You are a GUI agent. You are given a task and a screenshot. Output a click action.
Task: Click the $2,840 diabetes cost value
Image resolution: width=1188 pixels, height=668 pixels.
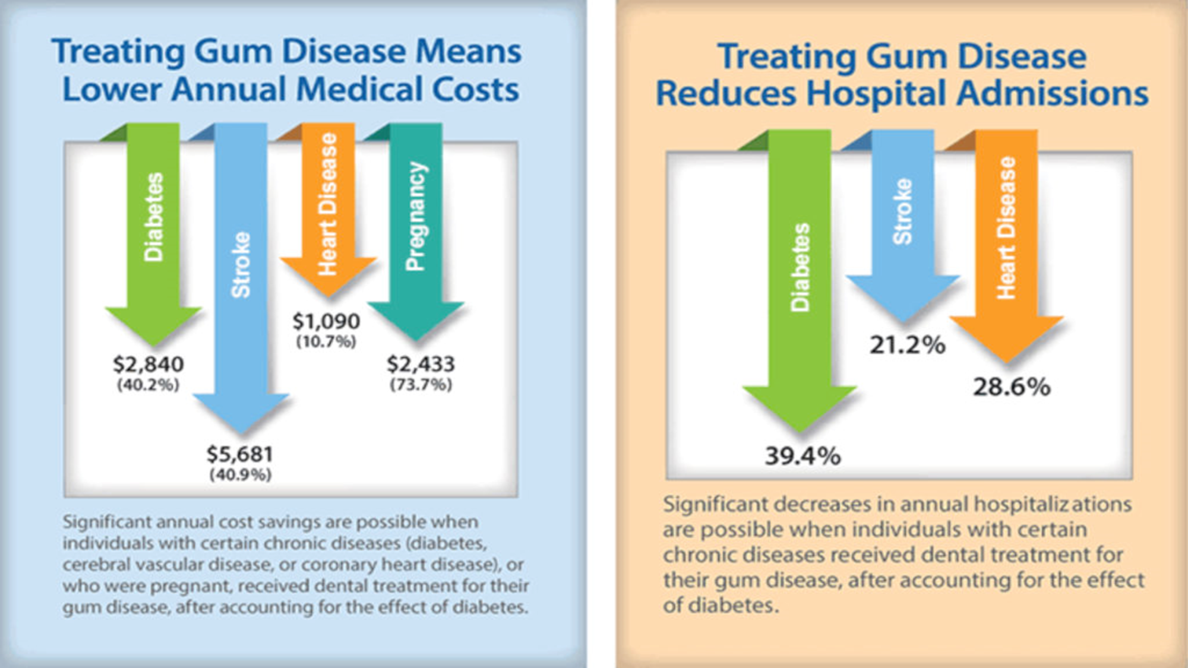148,364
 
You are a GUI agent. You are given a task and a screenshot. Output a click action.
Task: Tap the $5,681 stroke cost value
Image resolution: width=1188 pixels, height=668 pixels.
240,454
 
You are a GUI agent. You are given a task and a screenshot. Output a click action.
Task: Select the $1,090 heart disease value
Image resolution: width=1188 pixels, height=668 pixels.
326,321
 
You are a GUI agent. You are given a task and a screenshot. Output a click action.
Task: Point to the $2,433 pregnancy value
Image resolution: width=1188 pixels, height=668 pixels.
421,364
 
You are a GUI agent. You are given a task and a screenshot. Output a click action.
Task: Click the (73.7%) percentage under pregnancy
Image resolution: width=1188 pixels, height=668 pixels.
421,385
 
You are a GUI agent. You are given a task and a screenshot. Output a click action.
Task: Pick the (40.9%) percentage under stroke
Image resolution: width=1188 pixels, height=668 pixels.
240,475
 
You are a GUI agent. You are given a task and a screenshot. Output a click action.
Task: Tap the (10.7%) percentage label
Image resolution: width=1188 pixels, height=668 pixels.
326,342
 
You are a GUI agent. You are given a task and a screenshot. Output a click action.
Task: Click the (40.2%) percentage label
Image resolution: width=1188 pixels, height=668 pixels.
148,385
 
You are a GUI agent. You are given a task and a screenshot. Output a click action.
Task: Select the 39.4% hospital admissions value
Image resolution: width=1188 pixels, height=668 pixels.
802,456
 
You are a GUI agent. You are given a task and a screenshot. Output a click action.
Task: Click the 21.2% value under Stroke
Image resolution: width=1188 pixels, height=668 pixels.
907,345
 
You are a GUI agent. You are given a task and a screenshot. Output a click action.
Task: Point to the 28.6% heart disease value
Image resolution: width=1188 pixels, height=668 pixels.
1012,387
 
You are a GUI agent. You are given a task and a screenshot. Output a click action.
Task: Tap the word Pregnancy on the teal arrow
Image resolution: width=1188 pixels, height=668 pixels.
416,216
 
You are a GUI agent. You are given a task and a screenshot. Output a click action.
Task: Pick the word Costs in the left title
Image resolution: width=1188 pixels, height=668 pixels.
475,90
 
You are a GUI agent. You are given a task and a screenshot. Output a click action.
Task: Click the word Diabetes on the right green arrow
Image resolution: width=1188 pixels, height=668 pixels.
800,267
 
